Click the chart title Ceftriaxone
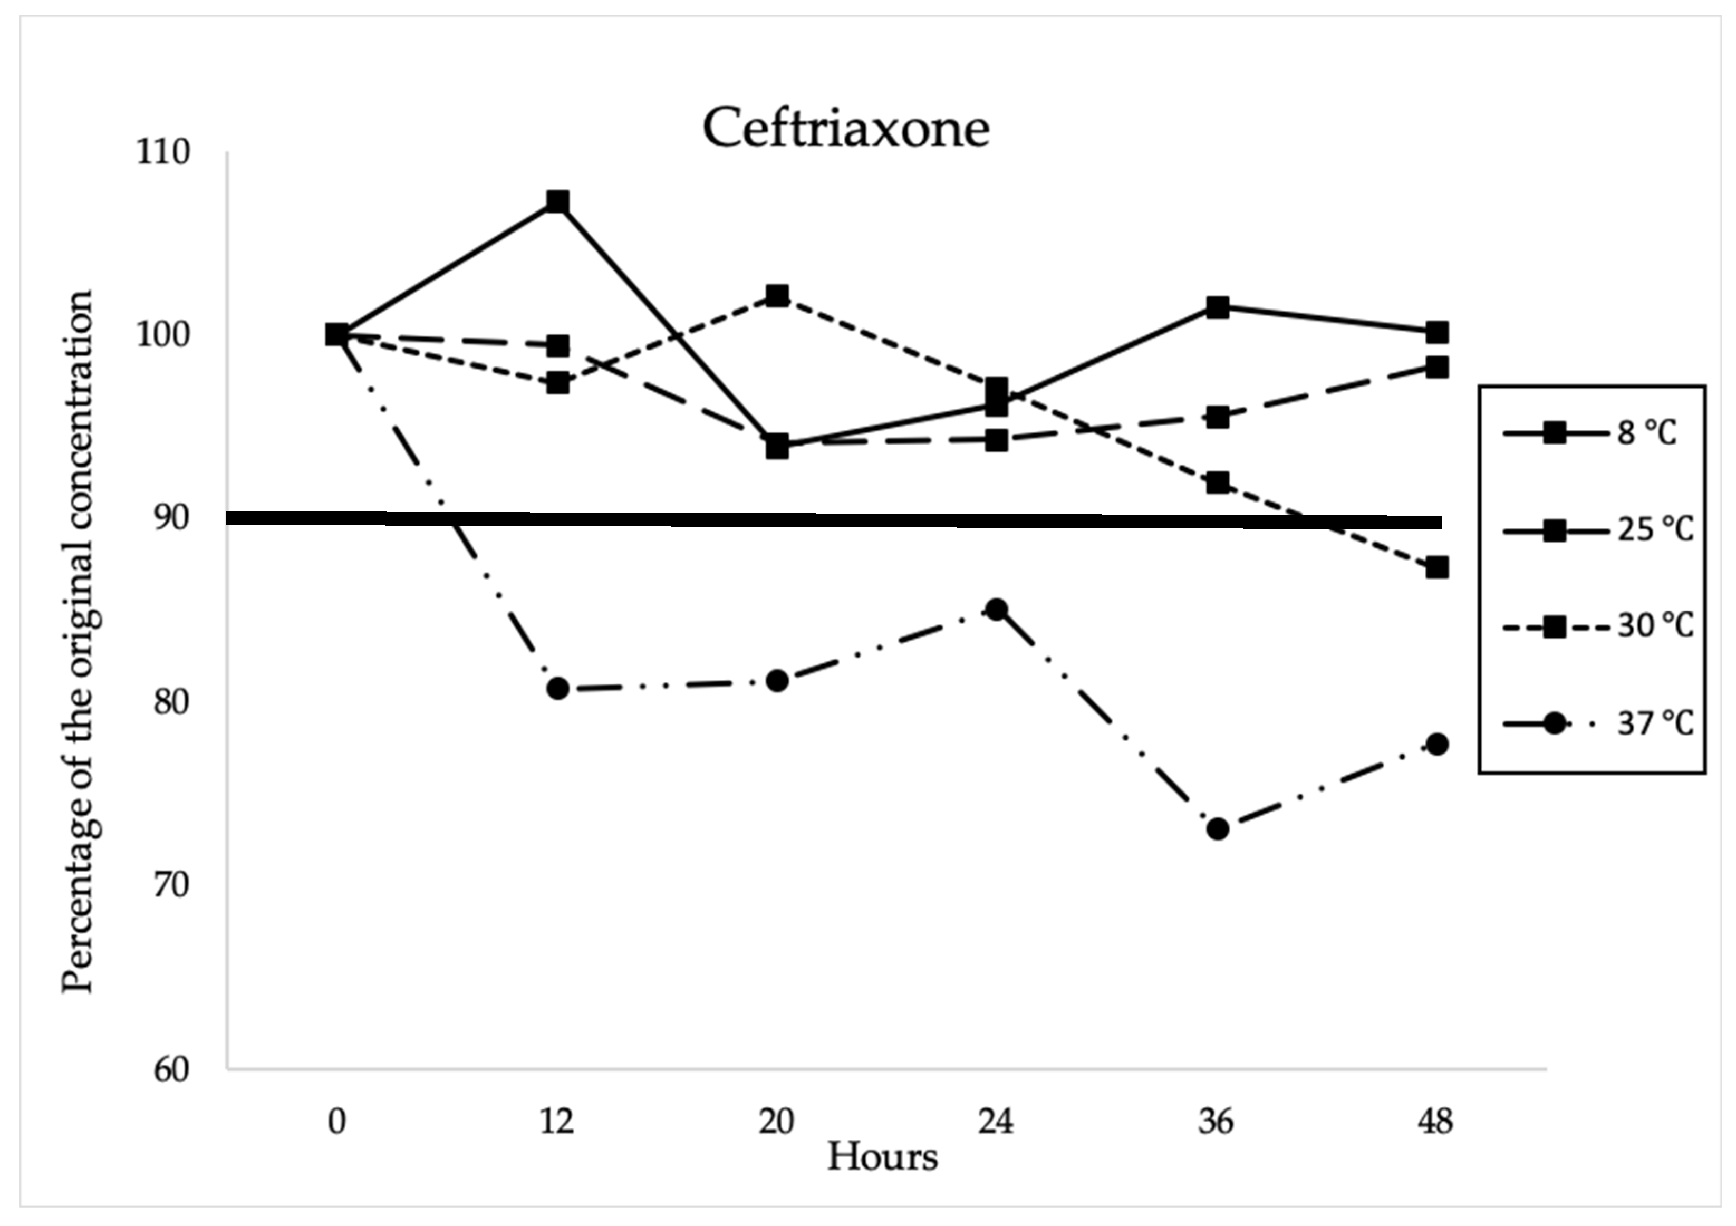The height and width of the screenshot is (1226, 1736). [x=845, y=128]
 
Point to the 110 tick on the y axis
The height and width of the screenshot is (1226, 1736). [x=162, y=152]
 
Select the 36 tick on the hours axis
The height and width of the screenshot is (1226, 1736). [x=1216, y=1121]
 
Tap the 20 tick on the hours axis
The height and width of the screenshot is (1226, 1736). [x=777, y=1121]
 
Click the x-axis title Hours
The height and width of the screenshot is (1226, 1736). [x=882, y=1156]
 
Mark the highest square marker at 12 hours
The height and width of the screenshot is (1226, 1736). [x=557, y=202]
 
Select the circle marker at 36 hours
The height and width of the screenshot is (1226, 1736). [x=1217, y=829]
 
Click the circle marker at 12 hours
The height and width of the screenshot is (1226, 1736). [x=558, y=689]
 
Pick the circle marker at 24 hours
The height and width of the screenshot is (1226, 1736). [x=997, y=609]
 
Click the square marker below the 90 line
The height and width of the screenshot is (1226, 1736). [x=1436, y=567]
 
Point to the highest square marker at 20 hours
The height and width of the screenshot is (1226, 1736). [x=777, y=295]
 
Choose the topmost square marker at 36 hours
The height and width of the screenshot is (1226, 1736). [x=1217, y=307]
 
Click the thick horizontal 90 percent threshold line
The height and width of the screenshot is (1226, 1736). [x=832, y=520]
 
